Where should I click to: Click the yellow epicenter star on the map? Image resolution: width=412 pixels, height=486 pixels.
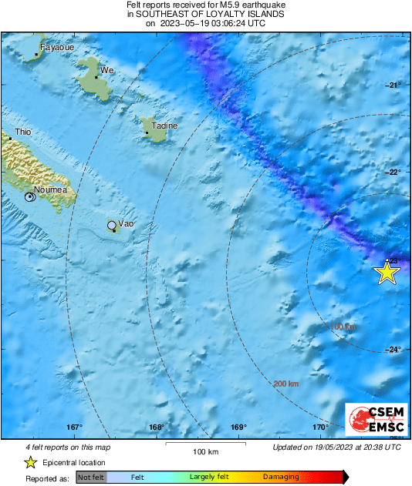tap(387, 272)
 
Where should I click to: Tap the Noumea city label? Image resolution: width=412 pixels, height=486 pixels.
tap(51, 189)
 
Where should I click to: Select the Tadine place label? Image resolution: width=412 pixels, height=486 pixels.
tap(164, 126)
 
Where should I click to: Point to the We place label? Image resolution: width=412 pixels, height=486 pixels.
tap(107, 70)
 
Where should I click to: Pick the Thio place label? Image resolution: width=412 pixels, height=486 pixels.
tap(24, 132)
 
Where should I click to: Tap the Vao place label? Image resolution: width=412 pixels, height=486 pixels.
tap(126, 223)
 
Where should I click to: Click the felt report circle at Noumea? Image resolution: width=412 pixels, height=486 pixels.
tap(29, 197)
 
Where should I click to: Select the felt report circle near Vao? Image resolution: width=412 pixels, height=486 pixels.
tap(112, 225)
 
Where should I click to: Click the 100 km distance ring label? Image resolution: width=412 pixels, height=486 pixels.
tap(343, 327)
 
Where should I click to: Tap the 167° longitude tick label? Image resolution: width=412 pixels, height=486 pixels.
tap(74, 427)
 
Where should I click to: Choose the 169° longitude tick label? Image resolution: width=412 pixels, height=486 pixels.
tap(238, 427)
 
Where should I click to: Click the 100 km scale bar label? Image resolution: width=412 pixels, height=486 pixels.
tap(206, 451)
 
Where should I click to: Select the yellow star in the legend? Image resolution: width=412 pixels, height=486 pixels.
tap(30, 462)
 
